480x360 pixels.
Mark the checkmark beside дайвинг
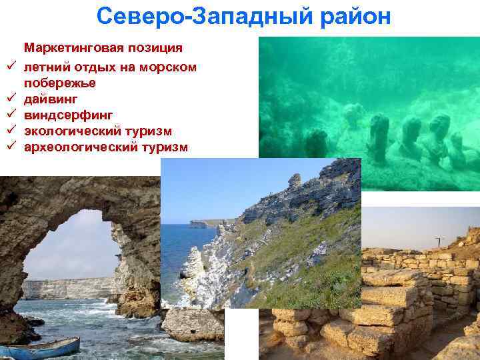click(13, 99)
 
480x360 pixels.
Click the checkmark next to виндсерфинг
click(13, 115)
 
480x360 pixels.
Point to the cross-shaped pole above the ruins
click(440, 242)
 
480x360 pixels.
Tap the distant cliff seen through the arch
click(67, 288)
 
